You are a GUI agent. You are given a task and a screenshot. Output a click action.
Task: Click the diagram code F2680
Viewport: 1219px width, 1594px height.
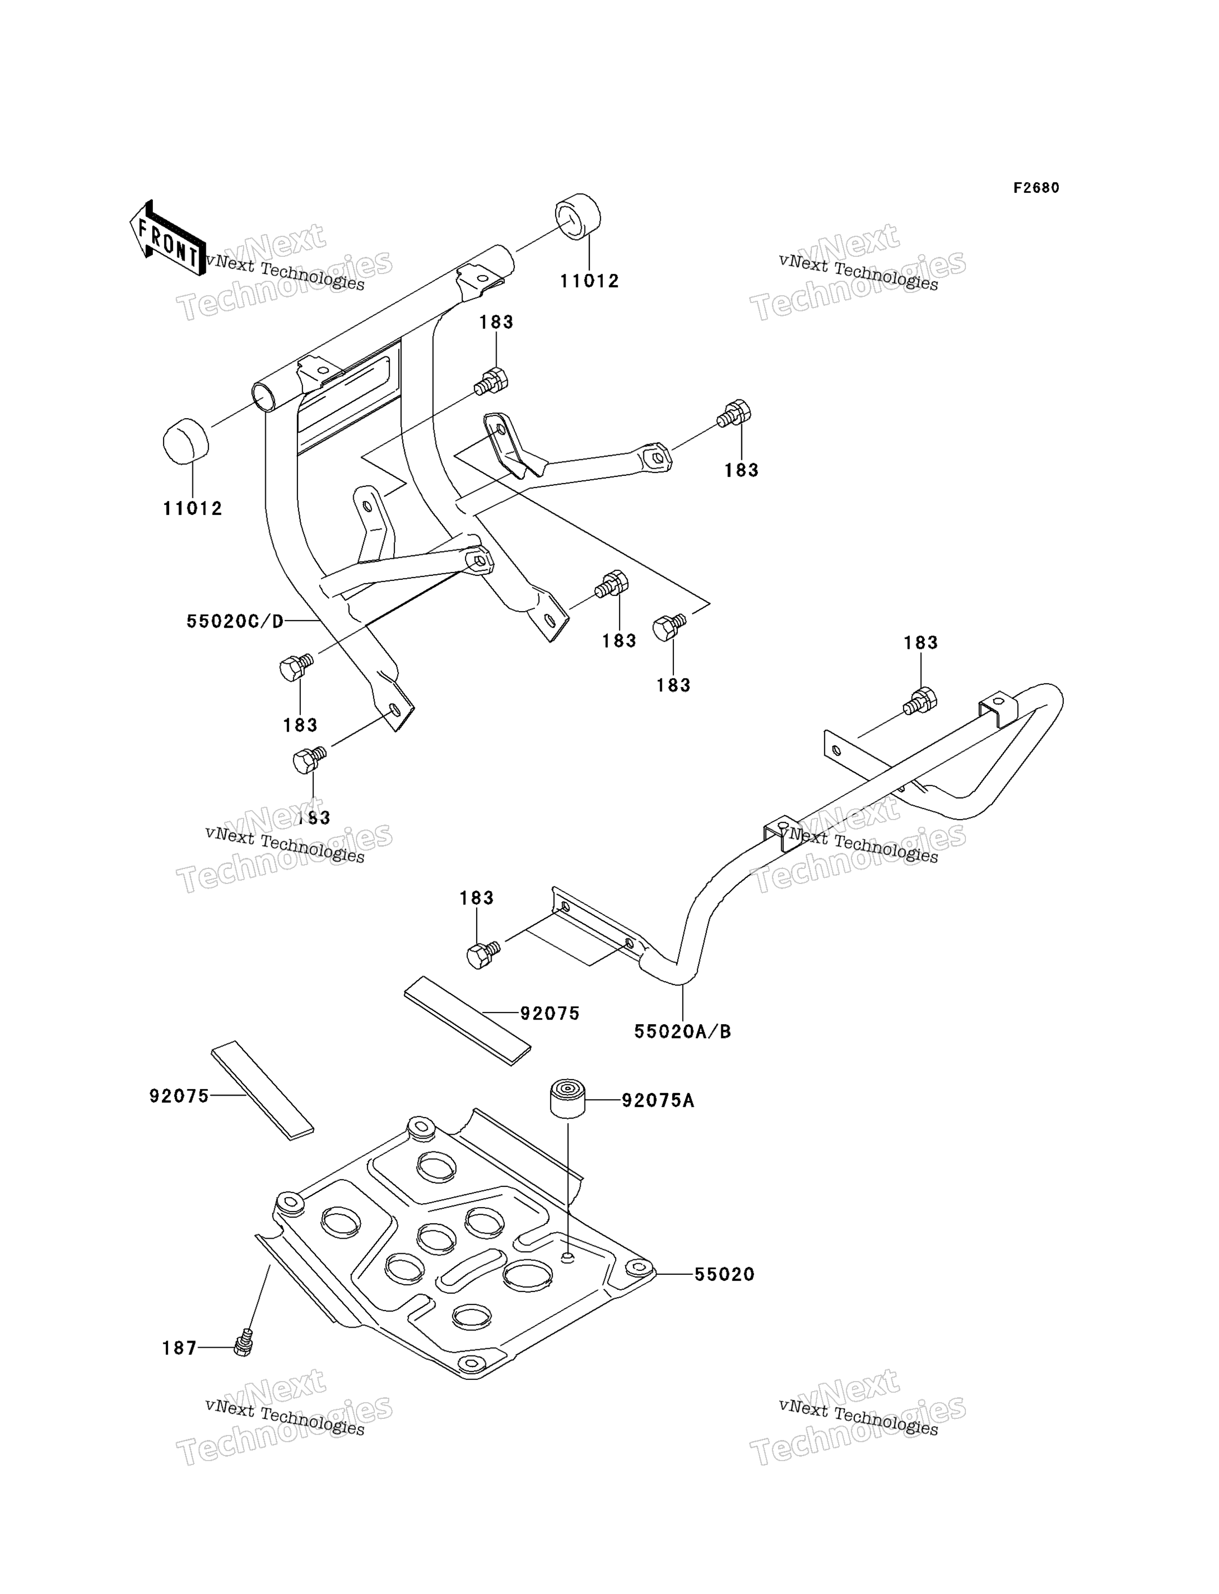point(1036,188)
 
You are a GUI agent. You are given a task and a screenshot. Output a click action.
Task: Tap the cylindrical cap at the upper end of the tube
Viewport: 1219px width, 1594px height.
point(578,216)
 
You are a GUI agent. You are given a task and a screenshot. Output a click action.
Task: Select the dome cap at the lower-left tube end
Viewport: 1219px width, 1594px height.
point(186,440)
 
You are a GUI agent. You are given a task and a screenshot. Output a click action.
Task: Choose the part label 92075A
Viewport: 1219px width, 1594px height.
point(658,1101)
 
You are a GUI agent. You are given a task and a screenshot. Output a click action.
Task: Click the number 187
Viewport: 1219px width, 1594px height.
point(179,1348)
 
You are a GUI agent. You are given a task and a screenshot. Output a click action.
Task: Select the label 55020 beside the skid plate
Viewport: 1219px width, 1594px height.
point(724,1274)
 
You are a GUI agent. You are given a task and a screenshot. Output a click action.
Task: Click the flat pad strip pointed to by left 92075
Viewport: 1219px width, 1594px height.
point(262,1090)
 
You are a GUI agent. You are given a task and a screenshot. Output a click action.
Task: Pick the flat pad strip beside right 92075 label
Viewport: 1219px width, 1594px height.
point(467,1021)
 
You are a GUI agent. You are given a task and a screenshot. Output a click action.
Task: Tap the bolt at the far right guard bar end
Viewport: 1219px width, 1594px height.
point(920,701)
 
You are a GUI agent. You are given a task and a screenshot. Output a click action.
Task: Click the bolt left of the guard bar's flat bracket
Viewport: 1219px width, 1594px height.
point(483,954)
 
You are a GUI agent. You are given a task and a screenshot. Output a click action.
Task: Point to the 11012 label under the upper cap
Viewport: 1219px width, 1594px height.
point(589,281)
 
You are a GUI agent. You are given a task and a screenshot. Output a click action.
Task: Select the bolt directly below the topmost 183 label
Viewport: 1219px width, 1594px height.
point(491,381)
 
